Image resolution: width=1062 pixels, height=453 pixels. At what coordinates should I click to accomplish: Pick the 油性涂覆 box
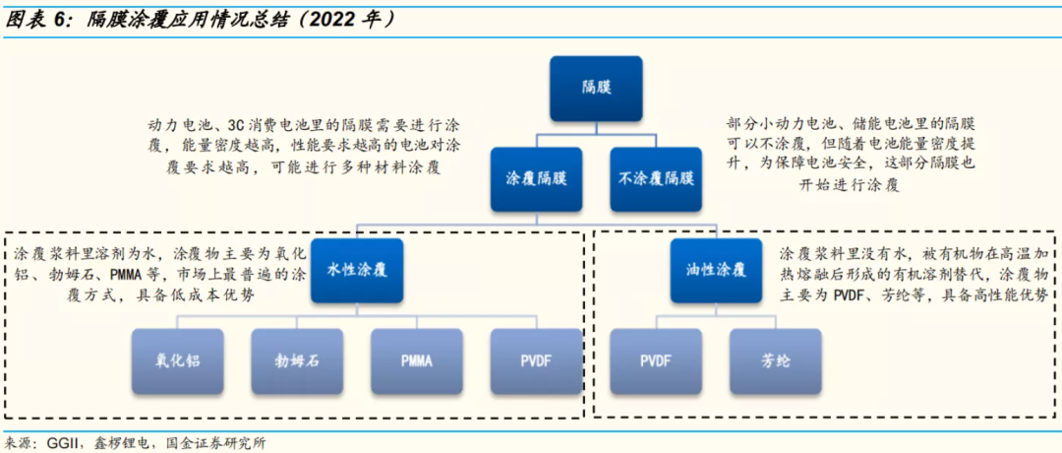(x=716, y=269)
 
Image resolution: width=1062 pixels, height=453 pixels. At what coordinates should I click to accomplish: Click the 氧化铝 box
(x=178, y=359)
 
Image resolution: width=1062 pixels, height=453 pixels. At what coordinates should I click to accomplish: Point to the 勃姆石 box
(x=297, y=359)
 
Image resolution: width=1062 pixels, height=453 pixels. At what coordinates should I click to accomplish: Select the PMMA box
(x=416, y=359)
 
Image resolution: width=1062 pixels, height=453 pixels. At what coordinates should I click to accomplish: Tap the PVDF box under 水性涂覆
(x=536, y=359)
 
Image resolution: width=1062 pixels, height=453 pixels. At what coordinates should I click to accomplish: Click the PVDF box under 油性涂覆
(x=656, y=359)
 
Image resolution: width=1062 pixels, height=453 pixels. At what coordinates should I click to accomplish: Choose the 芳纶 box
(x=775, y=359)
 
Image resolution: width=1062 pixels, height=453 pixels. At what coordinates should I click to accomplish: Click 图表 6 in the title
(x=36, y=19)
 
